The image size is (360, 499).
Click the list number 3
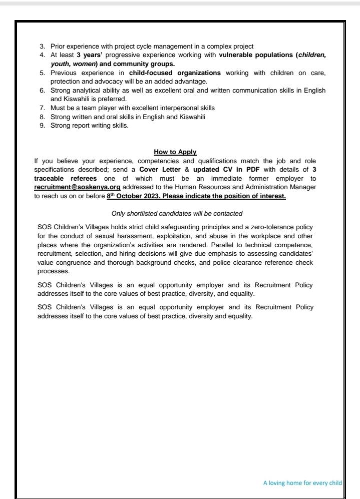tap(42, 46)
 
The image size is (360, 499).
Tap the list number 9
tap(42, 125)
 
